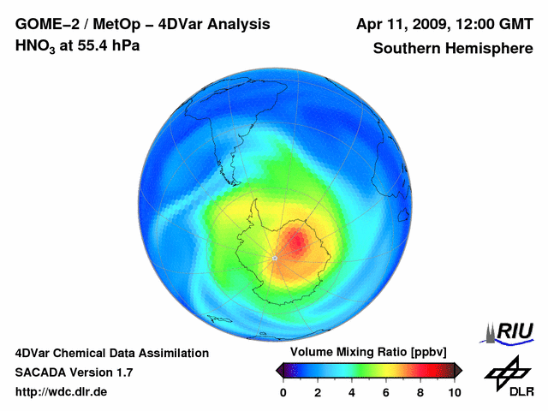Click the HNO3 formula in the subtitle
coord(35,45)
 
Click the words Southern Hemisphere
coord(452,48)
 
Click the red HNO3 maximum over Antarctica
coord(296,241)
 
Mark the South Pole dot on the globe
coord(274,258)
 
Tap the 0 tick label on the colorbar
coord(283,392)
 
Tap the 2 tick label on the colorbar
coord(318,392)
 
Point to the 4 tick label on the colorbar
coord(352,392)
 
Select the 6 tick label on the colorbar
coord(386,392)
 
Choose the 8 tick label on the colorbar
coord(420,392)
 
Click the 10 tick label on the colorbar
coord(454,392)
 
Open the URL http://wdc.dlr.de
coord(62,392)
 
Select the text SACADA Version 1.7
coord(74,372)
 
